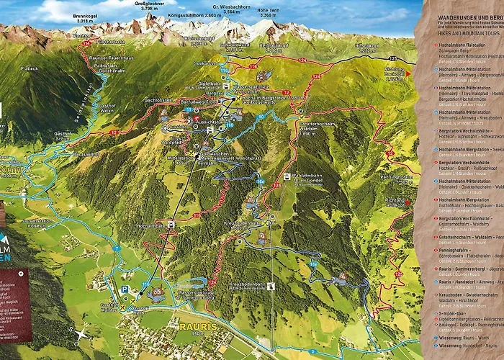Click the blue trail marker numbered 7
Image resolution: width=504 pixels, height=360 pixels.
click(x=115, y=248)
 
